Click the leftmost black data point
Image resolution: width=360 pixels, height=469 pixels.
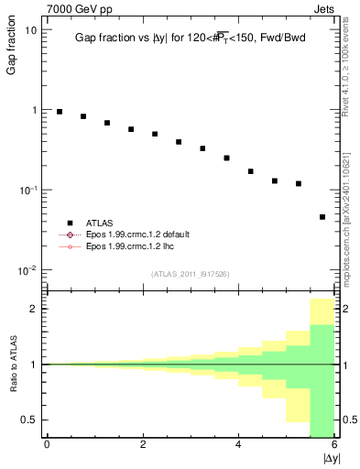click(x=60, y=112)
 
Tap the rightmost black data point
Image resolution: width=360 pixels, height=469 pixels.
click(x=322, y=217)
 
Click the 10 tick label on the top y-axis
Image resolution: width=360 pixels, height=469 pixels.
click(x=30, y=29)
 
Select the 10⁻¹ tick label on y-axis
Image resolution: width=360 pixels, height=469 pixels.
click(x=27, y=190)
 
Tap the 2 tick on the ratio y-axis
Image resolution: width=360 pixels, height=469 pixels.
click(x=33, y=309)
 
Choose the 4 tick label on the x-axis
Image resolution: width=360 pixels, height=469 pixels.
click(x=238, y=445)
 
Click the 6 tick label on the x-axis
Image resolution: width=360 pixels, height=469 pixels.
click(x=334, y=445)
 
